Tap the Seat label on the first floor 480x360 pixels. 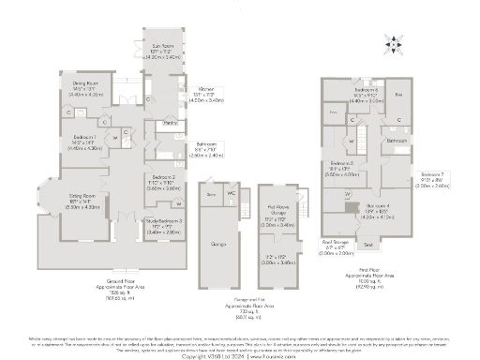tap(368, 245)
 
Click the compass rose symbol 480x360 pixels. tap(394, 42)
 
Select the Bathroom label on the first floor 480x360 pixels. tap(397, 140)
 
